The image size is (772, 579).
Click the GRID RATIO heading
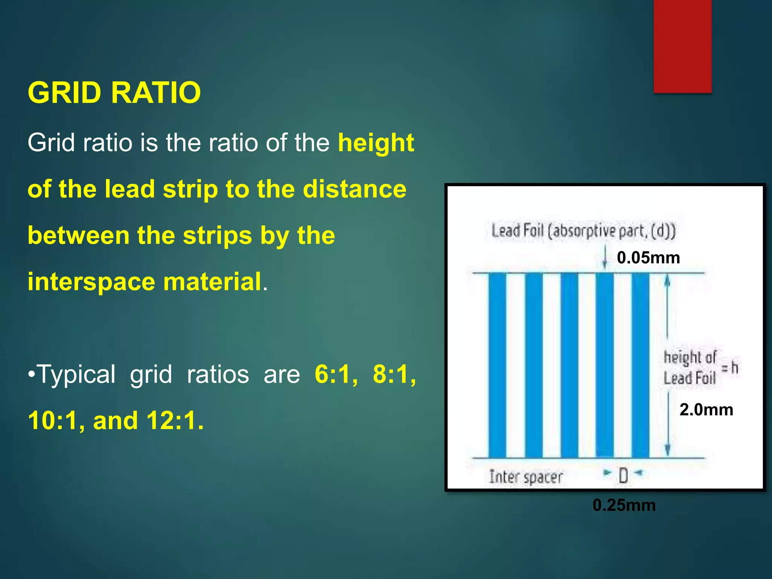pyautogui.click(x=114, y=93)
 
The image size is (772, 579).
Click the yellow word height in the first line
pyautogui.click(x=376, y=143)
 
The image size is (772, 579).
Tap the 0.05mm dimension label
pyautogui.click(x=648, y=258)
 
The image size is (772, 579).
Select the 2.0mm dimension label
pyautogui.click(x=706, y=410)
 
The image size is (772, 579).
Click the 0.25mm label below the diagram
pyautogui.click(x=624, y=505)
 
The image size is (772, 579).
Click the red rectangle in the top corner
pyautogui.click(x=682, y=46)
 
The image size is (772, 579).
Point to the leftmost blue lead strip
pyautogui.click(x=497, y=365)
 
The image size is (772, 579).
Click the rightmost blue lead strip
pyautogui.click(x=640, y=365)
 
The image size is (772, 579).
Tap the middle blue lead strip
pyautogui.click(x=569, y=365)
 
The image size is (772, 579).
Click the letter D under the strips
pyautogui.click(x=623, y=476)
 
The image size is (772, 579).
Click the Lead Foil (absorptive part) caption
pyautogui.click(x=583, y=231)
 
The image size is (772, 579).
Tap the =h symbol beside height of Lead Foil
pyautogui.click(x=730, y=368)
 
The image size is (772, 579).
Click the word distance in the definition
pyautogui.click(x=354, y=189)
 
